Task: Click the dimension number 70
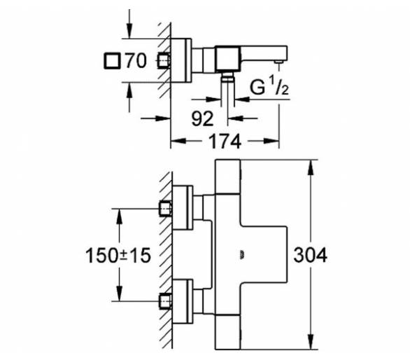point(136,61)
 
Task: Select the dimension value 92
point(202,118)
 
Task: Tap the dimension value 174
point(225,141)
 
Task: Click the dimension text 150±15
point(118,255)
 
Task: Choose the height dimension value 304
point(310,255)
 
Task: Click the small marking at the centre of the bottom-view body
point(242,254)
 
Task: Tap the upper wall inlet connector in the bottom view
point(166,209)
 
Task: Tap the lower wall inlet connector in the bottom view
point(166,301)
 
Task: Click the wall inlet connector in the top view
point(164,61)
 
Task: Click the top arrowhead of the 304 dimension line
point(311,167)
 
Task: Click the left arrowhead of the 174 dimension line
point(178,141)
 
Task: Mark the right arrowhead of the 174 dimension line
point(271,141)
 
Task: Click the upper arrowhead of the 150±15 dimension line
point(119,216)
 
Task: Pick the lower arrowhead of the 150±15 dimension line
point(119,293)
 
